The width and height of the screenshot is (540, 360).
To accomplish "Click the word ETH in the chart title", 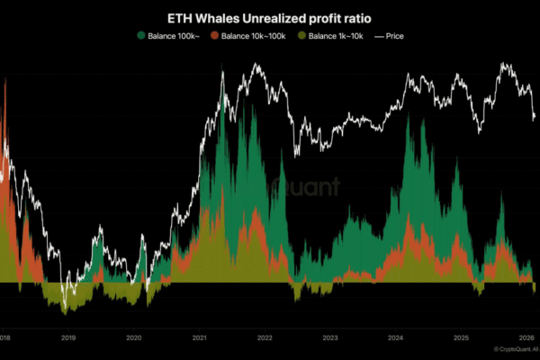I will [179, 17].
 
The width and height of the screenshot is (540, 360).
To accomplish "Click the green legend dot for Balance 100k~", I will [141, 35].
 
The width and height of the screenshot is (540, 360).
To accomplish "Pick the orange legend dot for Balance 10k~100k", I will [214, 35].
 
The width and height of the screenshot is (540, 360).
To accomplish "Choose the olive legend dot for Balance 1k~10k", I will [301, 35].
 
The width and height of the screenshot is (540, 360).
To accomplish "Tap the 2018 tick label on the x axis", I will [4, 337].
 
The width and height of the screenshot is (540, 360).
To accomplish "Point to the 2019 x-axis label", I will [67, 337].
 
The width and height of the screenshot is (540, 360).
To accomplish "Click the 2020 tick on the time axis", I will [133, 337].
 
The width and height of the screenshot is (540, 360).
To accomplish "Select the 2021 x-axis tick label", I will [199, 337].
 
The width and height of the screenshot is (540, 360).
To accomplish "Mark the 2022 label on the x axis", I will [265, 337].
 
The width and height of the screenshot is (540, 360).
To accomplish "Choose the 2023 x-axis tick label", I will [330, 337].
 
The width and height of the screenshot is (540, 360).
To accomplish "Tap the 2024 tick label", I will [396, 337].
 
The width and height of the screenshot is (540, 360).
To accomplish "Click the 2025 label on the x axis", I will [462, 337].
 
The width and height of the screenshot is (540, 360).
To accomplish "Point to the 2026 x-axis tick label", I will [526, 337].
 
